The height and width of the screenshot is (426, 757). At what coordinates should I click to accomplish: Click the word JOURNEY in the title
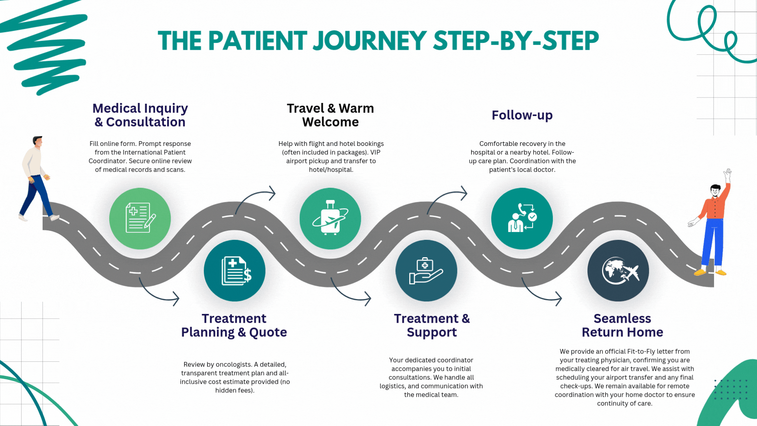(369, 41)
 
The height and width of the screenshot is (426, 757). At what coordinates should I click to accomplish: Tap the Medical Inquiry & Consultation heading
(140, 115)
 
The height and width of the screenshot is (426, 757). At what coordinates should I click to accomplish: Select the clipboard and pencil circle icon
(140, 219)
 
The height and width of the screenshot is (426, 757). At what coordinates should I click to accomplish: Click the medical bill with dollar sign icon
(235, 271)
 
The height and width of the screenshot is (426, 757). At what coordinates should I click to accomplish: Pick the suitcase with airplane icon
(330, 219)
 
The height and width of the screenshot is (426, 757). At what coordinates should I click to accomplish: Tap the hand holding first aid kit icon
(426, 271)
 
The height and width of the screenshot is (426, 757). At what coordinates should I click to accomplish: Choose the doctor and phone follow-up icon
(522, 219)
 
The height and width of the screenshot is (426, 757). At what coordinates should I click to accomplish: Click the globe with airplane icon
(618, 271)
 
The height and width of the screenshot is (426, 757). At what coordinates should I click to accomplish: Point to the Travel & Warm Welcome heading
(330, 115)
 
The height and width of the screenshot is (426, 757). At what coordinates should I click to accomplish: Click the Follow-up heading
(522, 115)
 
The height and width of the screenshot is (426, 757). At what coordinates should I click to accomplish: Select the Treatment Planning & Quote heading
(234, 325)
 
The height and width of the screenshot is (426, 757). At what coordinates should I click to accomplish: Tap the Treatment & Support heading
(432, 325)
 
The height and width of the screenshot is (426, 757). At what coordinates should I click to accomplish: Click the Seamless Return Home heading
(623, 325)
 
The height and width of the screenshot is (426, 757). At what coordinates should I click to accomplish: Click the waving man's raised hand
(728, 173)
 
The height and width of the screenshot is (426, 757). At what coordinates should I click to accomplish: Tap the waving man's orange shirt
(714, 207)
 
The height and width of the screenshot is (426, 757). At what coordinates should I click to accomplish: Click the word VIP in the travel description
(375, 152)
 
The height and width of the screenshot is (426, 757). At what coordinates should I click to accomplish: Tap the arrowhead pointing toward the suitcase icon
(272, 193)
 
